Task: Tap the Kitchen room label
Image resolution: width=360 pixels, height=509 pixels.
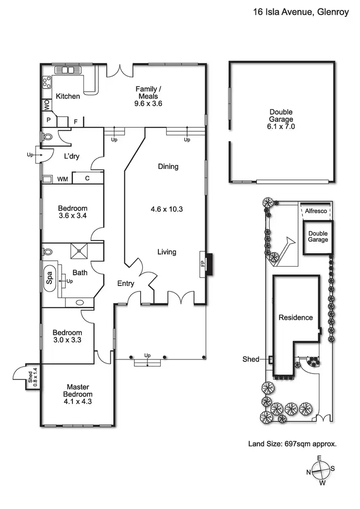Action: pos(68,96)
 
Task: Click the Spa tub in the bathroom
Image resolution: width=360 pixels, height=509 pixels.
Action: pos(50,278)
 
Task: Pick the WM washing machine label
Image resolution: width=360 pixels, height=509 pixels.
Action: pos(62,179)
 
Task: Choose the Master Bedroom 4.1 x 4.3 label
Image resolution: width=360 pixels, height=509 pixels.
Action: pos(78,394)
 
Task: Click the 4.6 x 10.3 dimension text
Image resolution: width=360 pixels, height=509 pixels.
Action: pos(167,209)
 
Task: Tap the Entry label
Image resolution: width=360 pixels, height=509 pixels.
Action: pos(126,284)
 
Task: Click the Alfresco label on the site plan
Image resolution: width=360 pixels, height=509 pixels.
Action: pos(316,211)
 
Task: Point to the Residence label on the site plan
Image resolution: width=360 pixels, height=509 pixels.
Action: pos(296,317)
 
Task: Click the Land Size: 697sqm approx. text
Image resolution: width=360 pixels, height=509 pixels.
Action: pos(292,444)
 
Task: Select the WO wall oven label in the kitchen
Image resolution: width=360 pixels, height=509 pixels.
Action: pos(47,105)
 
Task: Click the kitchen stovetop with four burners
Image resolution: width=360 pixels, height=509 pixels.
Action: pos(47,83)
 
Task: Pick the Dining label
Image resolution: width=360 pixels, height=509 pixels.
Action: pos(168,167)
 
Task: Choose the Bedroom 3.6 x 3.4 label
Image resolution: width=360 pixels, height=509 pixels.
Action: pos(72,212)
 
